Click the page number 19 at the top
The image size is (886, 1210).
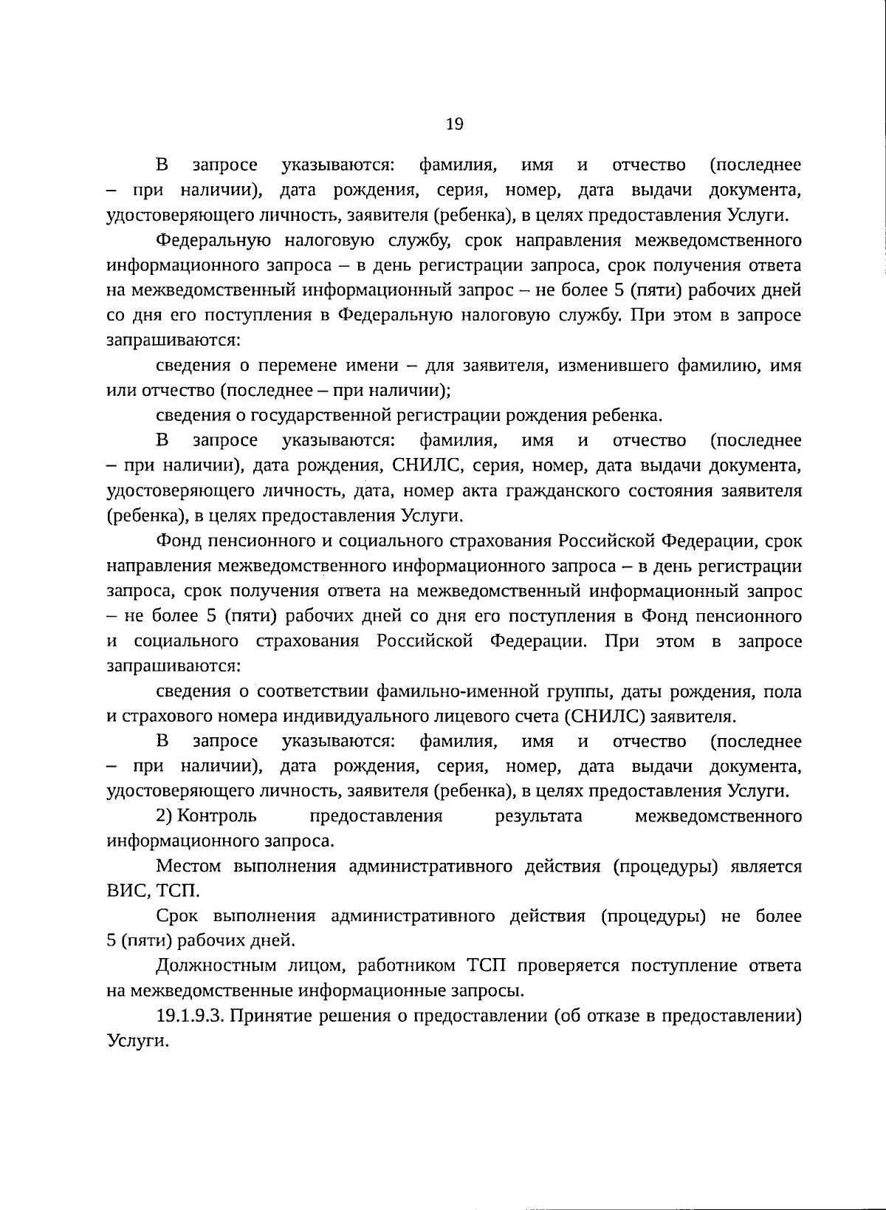click(455, 124)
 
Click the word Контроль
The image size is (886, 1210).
click(218, 816)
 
